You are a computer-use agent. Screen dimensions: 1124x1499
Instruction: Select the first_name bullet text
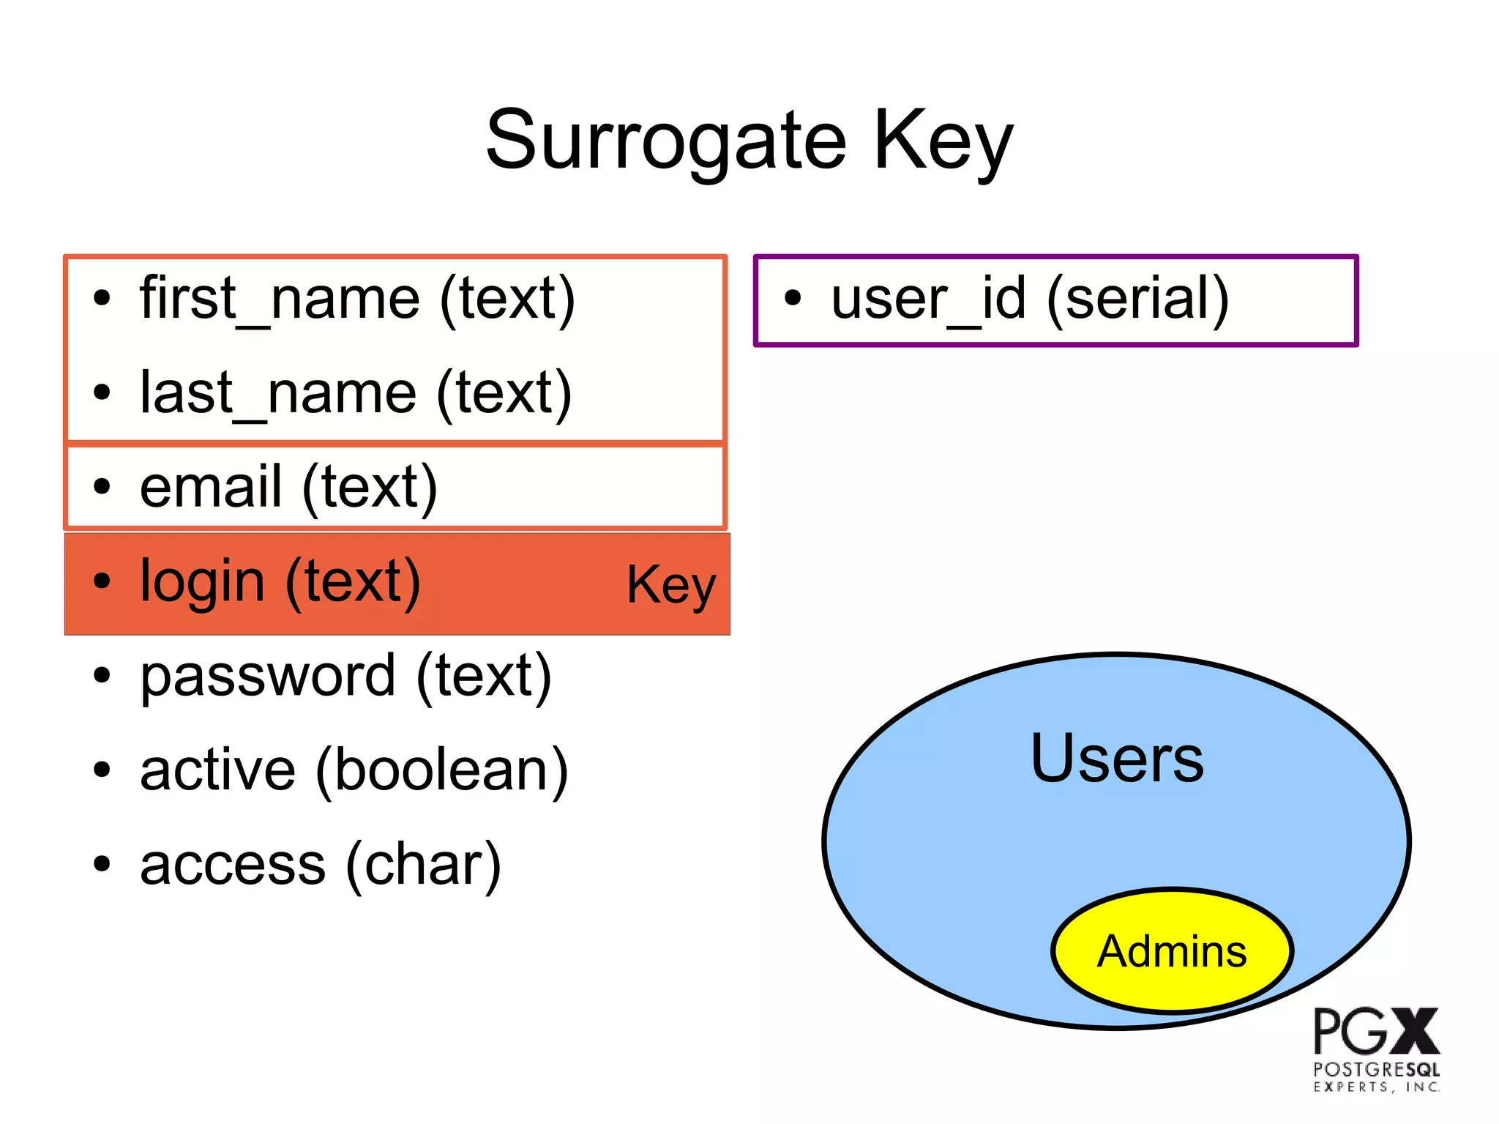[357, 299]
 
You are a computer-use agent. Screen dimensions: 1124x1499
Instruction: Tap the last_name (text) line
[356, 393]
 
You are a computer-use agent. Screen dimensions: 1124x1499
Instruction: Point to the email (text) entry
[288, 487]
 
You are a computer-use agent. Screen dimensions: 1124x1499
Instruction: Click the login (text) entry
[280, 581]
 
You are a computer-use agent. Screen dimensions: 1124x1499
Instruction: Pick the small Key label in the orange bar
[671, 585]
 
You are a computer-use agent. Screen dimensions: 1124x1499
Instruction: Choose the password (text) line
[345, 675]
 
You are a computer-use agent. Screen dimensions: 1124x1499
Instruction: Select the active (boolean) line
[354, 770]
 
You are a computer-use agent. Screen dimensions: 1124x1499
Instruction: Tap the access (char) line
[321, 864]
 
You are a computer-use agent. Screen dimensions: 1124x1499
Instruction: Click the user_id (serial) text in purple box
[1030, 299]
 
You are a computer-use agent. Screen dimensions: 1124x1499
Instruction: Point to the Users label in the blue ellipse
[1116, 759]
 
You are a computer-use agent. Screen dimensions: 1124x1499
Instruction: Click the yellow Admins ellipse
[1172, 950]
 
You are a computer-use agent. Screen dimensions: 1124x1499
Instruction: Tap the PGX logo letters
[1376, 1031]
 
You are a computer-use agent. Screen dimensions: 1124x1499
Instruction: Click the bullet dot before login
[102, 581]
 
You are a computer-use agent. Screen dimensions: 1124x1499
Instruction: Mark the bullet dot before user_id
[793, 298]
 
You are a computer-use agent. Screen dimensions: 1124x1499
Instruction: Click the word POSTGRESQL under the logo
[1376, 1069]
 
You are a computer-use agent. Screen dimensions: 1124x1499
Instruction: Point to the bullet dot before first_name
[102, 298]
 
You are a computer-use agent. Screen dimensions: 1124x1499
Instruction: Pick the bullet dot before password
[102, 675]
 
